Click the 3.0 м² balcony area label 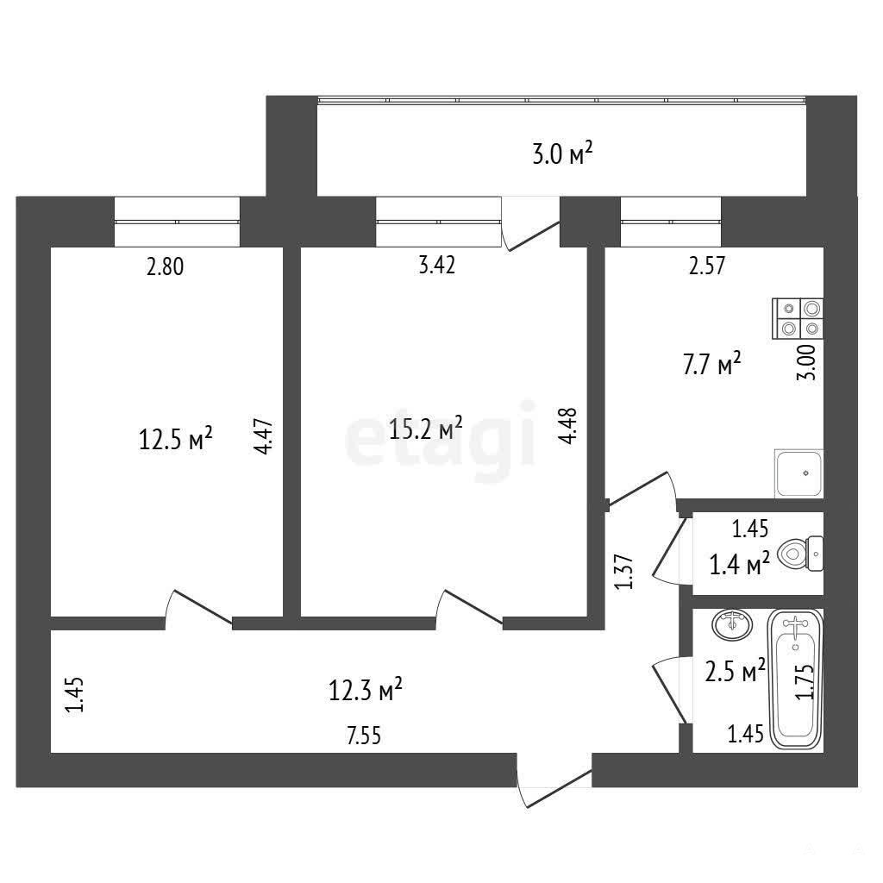pyautogui.click(x=562, y=153)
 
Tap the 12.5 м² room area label pyautogui.click(x=175, y=439)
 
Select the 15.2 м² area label pyautogui.click(x=426, y=429)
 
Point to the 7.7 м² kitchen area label pyautogui.click(x=711, y=364)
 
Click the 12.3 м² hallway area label pyautogui.click(x=365, y=689)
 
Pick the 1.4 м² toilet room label pyautogui.click(x=739, y=564)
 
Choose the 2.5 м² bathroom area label pyautogui.click(x=735, y=670)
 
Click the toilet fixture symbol pyautogui.click(x=800, y=554)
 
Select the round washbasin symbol pyautogui.click(x=731, y=624)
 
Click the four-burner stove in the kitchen pyautogui.click(x=798, y=318)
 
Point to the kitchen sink pyautogui.click(x=798, y=473)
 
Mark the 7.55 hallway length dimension pyautogui.click(x=364, y=736)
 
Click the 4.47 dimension pyautogui.click(x=263, y=435)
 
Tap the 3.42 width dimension pyautogui.click(x=437, y=265)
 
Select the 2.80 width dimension pyautogui.click(x=165, y=266)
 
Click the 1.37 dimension pyautogui.click(x=624, y=573)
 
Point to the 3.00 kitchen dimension pyautogui.click(x=806, y=362)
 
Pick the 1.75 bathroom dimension pyautogui.click(x=805, y=681)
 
